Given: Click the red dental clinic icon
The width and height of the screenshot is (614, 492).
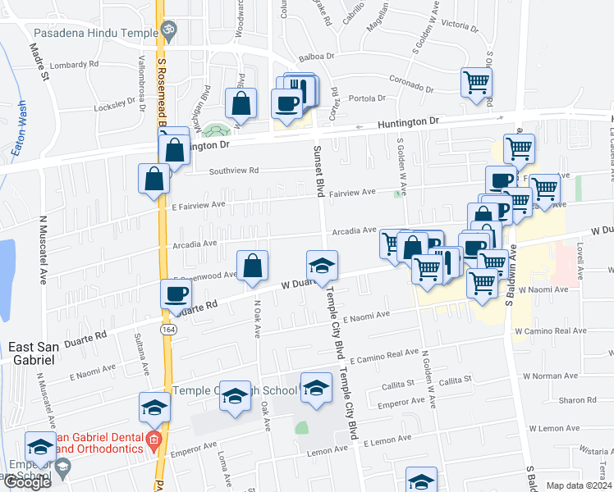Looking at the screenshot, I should click(153, 444).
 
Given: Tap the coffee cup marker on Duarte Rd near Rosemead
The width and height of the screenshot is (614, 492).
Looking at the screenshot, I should click(174, 294).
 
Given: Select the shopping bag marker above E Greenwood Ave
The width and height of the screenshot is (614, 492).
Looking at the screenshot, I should click(253, 266).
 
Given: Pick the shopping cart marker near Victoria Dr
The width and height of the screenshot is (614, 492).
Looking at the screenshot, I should click(476, 82).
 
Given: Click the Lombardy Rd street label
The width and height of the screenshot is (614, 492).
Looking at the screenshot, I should click(74, 64).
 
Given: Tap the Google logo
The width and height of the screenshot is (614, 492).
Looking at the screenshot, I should click(27, 482).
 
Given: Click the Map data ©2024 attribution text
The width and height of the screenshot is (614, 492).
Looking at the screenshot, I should click(579, 485).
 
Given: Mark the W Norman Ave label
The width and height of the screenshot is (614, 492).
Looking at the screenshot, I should click(560, 376).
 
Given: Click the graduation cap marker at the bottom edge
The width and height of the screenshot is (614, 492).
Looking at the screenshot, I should click(421, 481).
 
